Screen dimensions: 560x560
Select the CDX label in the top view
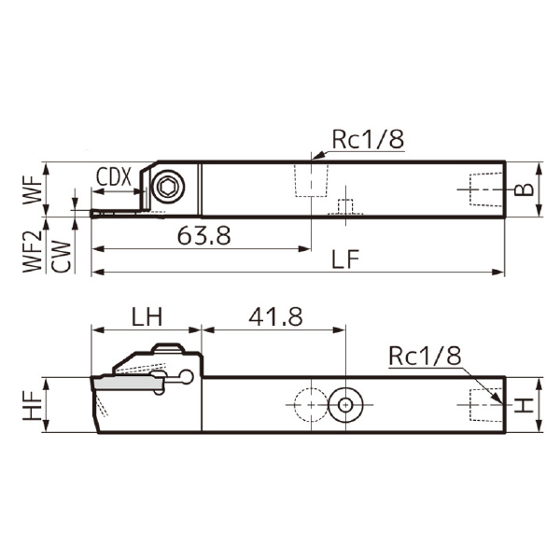click(x=113, y=175)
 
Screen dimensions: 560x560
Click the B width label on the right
click(x=525, y=189)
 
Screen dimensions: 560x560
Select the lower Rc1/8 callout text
click(x=425, y=356)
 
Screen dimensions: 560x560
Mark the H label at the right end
click(x=525, y=404)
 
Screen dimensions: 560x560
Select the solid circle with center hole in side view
click(x=345, y=405)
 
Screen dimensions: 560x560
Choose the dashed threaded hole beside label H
click(x=482, y=405)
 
